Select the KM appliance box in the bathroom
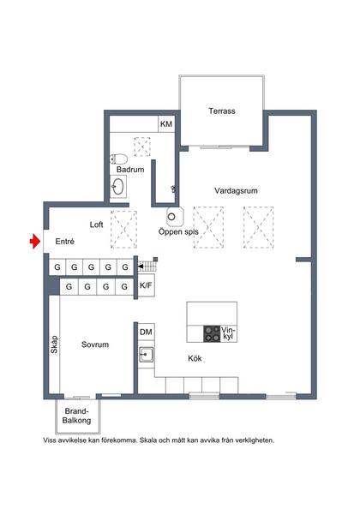pyautogui.click(x=166, y=124)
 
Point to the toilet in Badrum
pyautogui.click(x=120, y=157)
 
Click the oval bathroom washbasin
pyautogui.click(x=120, y=188)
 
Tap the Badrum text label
pyautogui.click(x=130, y=171)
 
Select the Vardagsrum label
pyautogui.click(x=237, y=190)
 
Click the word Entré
pyautogui.click(x=65, y=243)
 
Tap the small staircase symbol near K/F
pyautogui.click(x=146, y=266)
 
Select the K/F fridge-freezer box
pyautogui.click(x=147, y=285)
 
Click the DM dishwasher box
pyautogui.click(x=147, y=332)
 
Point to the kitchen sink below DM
pyautogui.click(x=147, y=352)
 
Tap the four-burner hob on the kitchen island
pyautogui.click(x=211, y=332)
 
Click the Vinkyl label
pyautogui.click(x=227, y=332)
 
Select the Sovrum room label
pyautogui.click(x=94, y=344)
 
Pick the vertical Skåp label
pyautogui.click(x=53, y=344)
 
